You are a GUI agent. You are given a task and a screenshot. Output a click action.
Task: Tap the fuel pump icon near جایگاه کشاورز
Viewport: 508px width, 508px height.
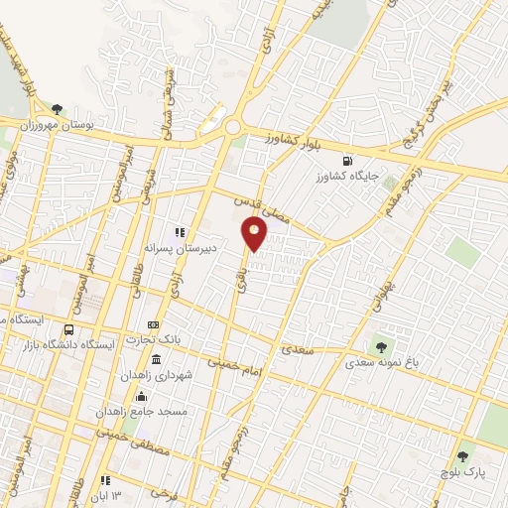pos(345,161)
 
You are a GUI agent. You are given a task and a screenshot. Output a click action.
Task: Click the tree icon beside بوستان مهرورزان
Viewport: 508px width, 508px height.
pos(57,109)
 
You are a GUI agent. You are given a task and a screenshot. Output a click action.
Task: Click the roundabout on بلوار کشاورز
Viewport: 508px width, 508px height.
pos(232,127)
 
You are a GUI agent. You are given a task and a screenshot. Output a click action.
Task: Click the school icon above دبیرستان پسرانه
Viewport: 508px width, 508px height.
pos(181,232)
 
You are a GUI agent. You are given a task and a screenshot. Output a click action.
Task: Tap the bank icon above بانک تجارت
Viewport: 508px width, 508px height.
pos(153,324)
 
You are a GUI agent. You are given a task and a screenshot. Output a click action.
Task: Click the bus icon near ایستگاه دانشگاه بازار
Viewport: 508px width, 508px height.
pos(68,329)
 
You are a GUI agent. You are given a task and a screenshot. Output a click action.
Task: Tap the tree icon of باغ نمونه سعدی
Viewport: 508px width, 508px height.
pos(380,347)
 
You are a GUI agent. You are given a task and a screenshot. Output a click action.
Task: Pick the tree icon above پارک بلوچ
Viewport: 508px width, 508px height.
pos(462,457)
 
